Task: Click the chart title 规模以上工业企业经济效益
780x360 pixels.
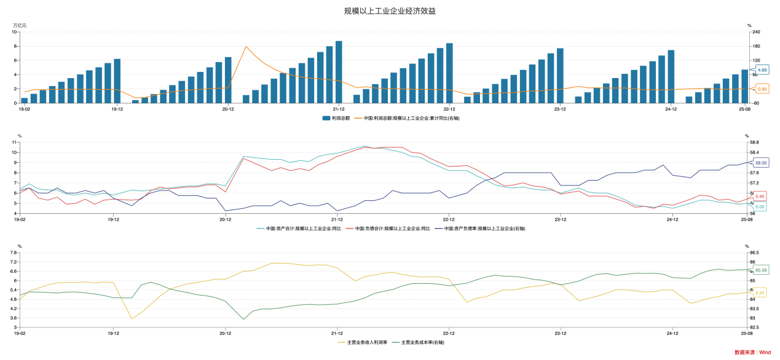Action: click(390, 11)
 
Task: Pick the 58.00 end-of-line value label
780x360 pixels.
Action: click(761, 163)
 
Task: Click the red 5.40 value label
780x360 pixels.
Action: click(760, 196)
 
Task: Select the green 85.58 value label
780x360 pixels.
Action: click(761, 270)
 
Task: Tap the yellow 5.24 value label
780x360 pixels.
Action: click(760, 292)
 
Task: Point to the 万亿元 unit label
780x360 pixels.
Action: click(20, 25)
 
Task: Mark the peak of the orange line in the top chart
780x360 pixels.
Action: click(246, 47)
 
